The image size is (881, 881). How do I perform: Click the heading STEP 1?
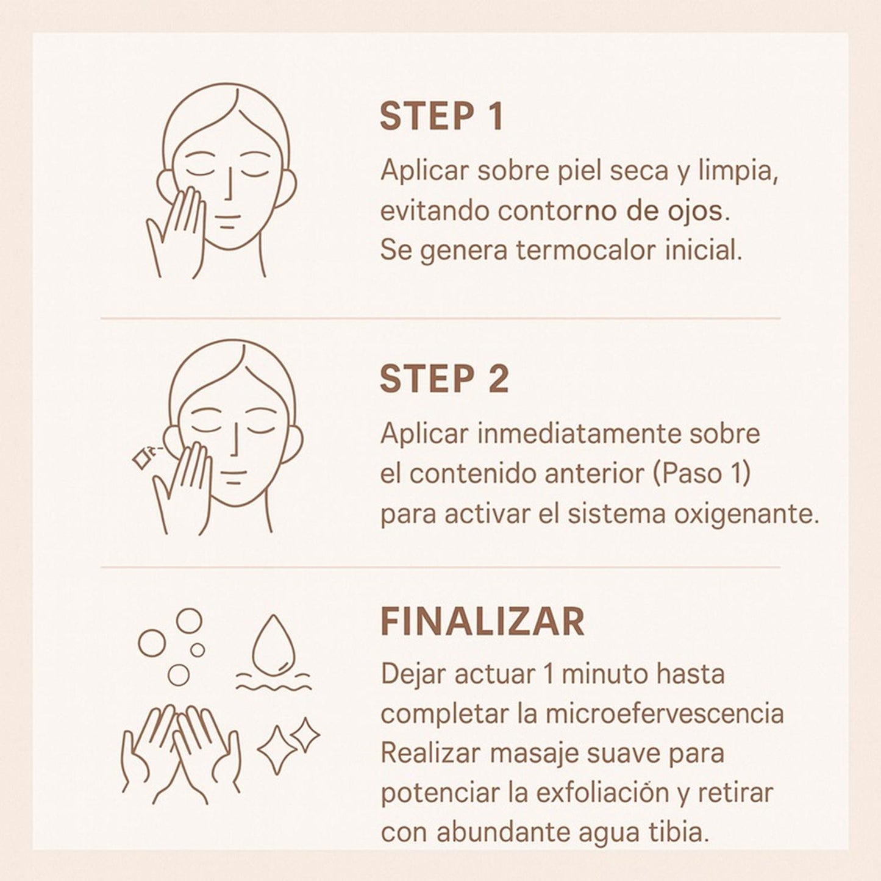[x=441, y=116]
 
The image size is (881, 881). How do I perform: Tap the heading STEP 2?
[x=444, y=379]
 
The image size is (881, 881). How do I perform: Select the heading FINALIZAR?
[x=482, y=622]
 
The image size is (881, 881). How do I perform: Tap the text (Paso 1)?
[x=701, y=474]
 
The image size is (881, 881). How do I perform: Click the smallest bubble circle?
[x=198, y=650]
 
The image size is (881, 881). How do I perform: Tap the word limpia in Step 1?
[x=738, y=171]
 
